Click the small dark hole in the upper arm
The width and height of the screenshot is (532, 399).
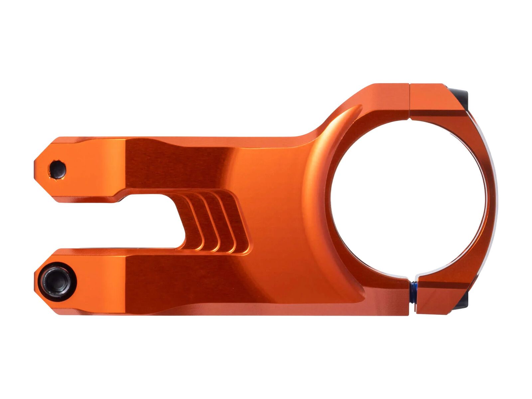(58, 169)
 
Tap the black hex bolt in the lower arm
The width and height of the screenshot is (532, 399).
(57, 281)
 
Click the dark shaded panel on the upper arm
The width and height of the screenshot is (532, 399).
(173, 163)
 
